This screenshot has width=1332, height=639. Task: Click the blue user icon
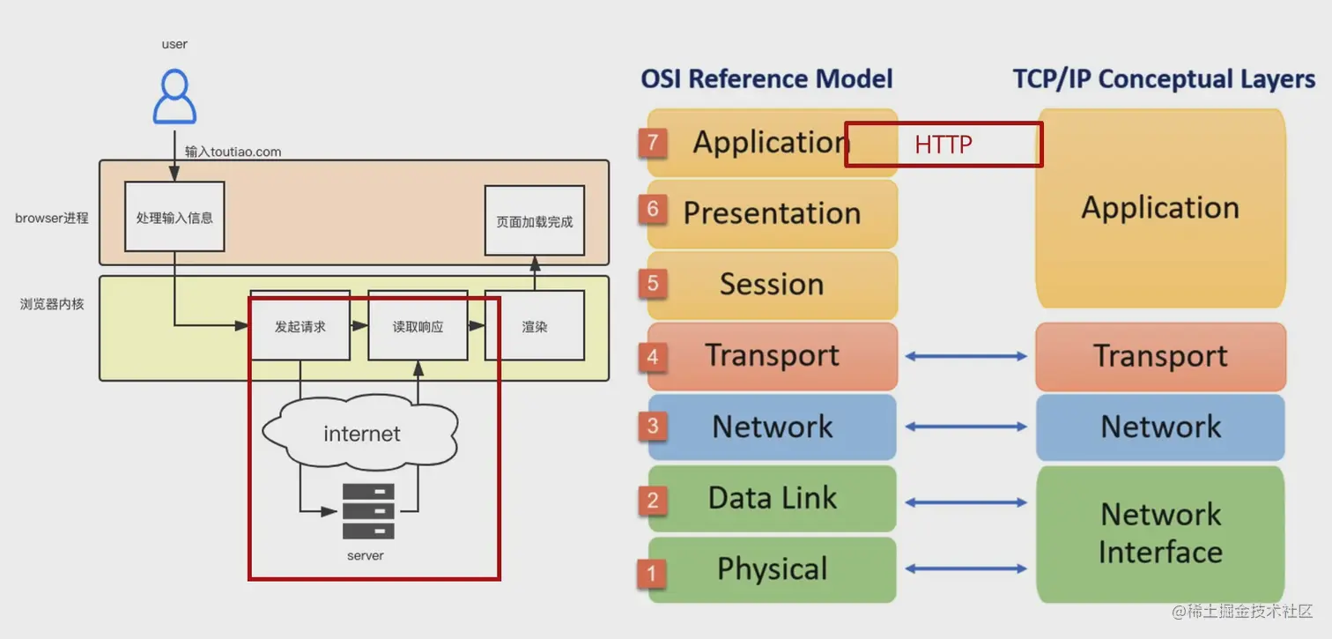tap(174, 97)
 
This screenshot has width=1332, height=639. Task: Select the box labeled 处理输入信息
tap(174, 217)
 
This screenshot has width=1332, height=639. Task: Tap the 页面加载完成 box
tap(535, 221)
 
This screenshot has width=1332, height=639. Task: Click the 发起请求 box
tap(300, 326)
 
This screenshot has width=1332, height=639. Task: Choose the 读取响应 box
tap(418, 326)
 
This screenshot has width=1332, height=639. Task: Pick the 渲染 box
tap(535, 326)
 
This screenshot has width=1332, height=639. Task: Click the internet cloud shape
tap(361, 434)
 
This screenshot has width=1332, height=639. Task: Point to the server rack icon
tap(368, 511)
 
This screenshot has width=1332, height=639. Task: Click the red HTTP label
tap(943, 145)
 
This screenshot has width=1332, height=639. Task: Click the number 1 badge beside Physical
tap(652, 573)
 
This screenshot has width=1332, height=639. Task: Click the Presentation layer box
tap(772, 213)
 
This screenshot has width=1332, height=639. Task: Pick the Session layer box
tap(772, 285)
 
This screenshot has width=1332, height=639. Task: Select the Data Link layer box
tap(772, 498)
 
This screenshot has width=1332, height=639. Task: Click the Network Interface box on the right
tap(1160, 533)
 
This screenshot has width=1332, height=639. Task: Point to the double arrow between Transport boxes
tap(966, 356)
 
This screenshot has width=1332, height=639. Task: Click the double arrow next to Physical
tap(966, 569)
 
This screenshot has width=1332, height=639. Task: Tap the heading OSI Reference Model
tap(766, 78)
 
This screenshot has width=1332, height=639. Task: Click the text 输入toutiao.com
tap(233, 152)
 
